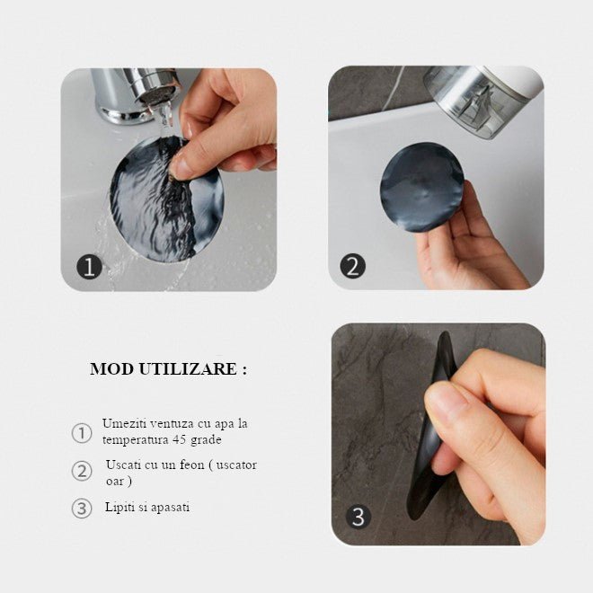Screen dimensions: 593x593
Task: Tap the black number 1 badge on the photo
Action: [x=89, y=267]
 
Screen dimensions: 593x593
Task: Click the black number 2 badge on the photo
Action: [x=353, y=266]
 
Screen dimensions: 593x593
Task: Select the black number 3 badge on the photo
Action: [x=358, y=518]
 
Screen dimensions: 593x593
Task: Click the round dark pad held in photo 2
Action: [x=421, y=187]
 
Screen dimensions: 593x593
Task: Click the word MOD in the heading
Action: [x=110, y=369]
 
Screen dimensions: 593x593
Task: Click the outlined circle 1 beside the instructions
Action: [x=82, y=433]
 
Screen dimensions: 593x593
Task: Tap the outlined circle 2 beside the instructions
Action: [x=82, y=471]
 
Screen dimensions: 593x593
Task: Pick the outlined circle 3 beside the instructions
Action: [x=82, y=508]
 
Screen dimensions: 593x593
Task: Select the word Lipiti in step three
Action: [x=119, y=507]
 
